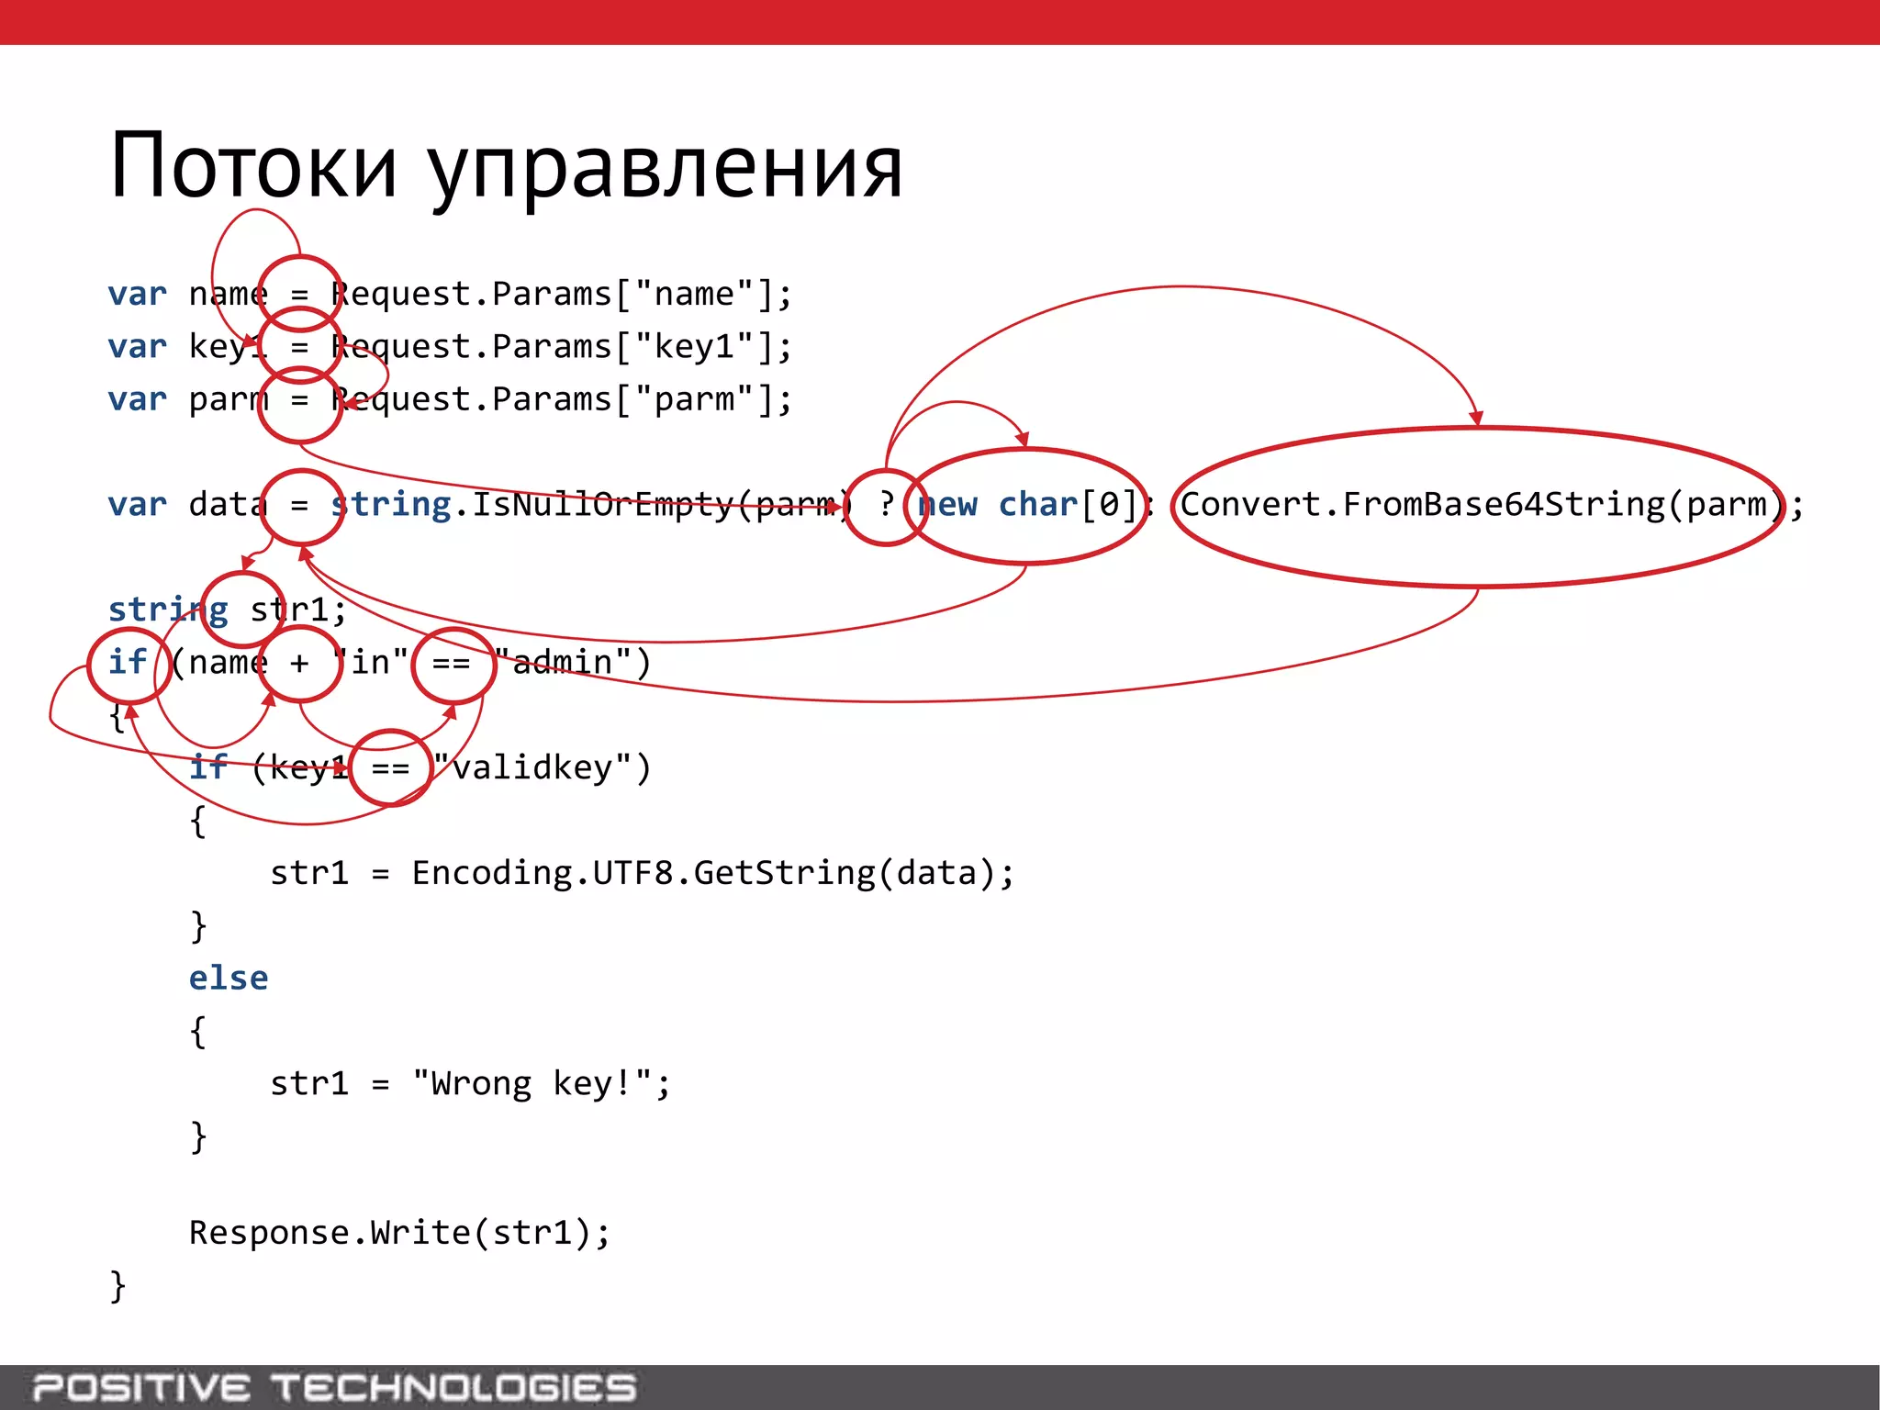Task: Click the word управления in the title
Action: click(x=666, y=171)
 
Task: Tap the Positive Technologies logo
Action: click(x=334, y=1387)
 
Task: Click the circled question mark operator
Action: click(x=886, y=506)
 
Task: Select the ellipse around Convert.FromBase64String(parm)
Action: click(x=1478, y=507)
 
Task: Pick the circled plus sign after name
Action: click(x=300, y=663)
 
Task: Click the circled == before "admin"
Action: click(x=453, y=664)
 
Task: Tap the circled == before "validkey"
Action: click(x=391, y=767)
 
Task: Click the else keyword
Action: click(x=229, y=979)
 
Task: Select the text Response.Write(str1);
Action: click(x=399, y=1233)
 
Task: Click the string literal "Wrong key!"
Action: click(x=534, y=1084)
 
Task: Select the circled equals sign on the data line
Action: click(x=300, y=506)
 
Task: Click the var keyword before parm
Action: click(x=137, y=400)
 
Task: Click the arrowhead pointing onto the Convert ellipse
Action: click(x=1476, y=420)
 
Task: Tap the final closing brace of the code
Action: click(x=117, y=1286)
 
